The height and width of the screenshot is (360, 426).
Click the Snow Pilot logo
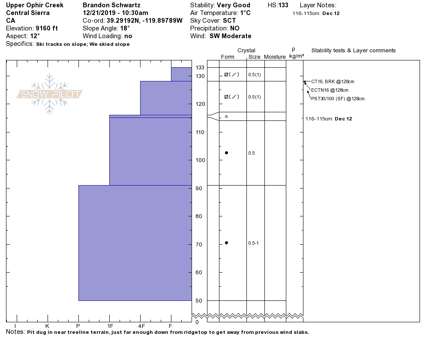click(50, 94)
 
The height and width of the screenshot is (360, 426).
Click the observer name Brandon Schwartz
click(111, 5)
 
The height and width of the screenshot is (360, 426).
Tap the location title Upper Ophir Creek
click(35, 5)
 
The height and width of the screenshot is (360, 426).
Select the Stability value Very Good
click(234, 5)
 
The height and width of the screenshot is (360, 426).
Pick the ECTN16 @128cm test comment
click(330, 90)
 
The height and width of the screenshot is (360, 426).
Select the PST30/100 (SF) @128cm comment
click(338, 99)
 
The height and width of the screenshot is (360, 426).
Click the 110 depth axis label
click(200, 132)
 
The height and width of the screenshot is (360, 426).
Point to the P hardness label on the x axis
click(78, 326)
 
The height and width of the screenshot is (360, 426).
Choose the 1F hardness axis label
click(110, 326)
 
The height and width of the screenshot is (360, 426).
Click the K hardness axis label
click(47, 326)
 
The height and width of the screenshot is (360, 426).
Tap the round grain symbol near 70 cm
click(226, 243)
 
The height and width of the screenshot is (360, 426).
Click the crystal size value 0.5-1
click(253, 243)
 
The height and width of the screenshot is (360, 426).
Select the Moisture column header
click(275, 57)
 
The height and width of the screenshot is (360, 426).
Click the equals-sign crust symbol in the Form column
click(226, 117)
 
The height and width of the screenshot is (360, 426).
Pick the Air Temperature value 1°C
click(245, 13)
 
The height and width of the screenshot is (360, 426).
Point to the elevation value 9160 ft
click(46, 28)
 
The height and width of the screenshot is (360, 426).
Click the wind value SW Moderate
click(231, 36)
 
